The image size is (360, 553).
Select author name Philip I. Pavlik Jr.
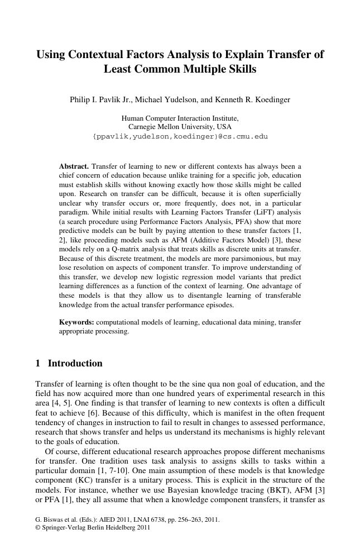tap(98, 100)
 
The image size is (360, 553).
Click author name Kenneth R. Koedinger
tap(254, 100)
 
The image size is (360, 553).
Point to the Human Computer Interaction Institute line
tap(180, 118)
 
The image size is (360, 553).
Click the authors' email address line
tap(180, 136)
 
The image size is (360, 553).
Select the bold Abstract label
tap(74, 166)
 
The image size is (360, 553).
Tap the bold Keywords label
tap(77, 322)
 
